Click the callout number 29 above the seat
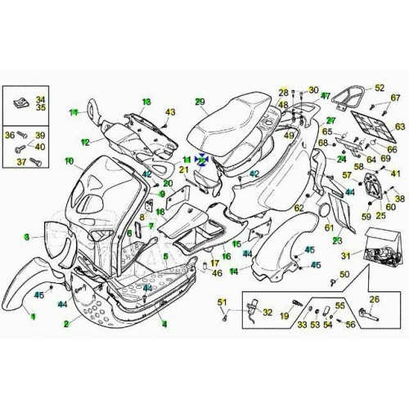tap(199, 101)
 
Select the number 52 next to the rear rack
tap(379, 88)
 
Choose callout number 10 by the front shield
tap(70, 161)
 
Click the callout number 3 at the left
tap(28, 236)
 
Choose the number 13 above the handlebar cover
tap(147, 101)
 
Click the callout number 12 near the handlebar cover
tap(84, 142)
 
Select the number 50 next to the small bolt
tap(344, 273)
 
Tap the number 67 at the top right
tap(396, 98)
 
